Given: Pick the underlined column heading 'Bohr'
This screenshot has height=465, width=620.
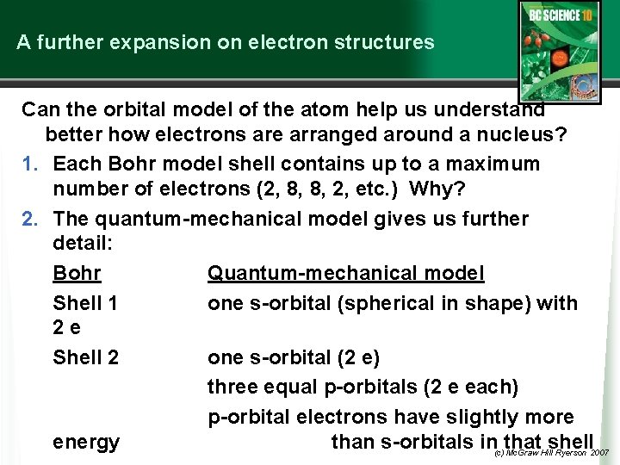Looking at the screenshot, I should pyautogui.click(x=77, y=273).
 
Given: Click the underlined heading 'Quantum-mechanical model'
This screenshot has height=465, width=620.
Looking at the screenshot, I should pyautogui.click(x=345, y=273).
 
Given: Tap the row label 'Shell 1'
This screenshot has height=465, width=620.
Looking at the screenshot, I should pyautogui.click(x=85, y=303).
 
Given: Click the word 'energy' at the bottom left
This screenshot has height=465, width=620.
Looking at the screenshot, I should pyautogui.click(x=86, y=443).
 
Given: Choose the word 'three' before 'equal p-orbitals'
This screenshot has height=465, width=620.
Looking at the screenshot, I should pyautogui.click(x=233, y=387).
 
